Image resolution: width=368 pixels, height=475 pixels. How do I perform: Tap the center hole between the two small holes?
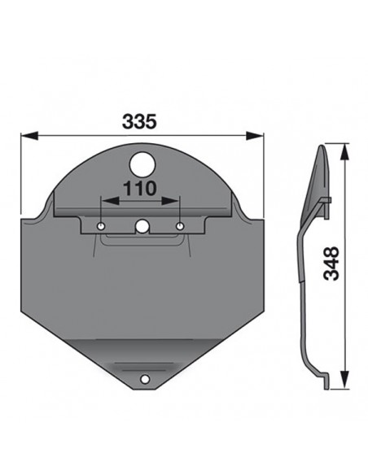[142, 227]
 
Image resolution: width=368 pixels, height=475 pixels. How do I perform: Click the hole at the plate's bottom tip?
[144, 379]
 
